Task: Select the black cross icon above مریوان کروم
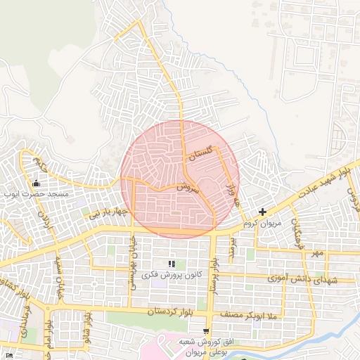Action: [262, 212]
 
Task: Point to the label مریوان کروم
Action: [262, 222]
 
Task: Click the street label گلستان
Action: [200, 156]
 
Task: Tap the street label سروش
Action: [188, 188]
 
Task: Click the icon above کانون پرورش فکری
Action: [171, 263]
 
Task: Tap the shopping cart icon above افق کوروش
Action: [205, 331]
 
